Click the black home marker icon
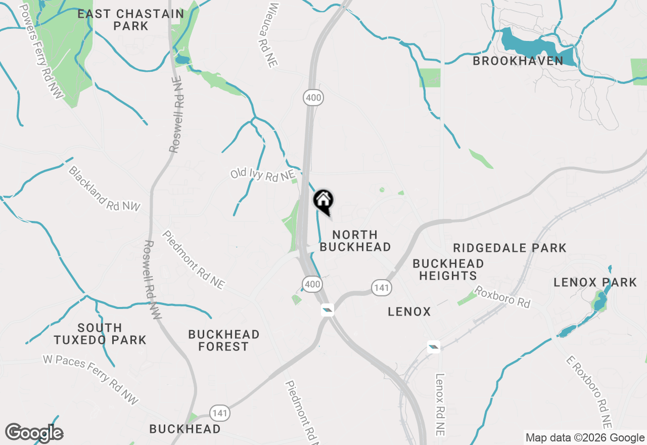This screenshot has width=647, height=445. click(323, 201)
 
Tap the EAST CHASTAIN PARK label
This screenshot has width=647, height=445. click(131, 20)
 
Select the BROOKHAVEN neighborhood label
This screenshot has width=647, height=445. click(518, 61)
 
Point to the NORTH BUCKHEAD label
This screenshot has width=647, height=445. click(355, 241)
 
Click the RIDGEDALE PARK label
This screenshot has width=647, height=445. click(510, 248)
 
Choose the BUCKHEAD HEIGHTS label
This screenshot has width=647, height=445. click(448, 270)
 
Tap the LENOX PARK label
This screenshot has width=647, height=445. click(595, 282)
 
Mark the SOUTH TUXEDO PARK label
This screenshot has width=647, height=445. click(100, 334)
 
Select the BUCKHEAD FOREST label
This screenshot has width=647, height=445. click(223, 340)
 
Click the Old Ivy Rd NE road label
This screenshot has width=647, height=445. click(262, 174)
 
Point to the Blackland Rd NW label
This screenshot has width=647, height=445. click(104, 189)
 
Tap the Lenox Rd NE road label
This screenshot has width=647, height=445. click(440, 405)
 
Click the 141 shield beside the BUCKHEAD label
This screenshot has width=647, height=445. click(220, 413)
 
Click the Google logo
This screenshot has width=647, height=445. click(34, 433)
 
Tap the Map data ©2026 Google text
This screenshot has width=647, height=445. click(585, 438)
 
